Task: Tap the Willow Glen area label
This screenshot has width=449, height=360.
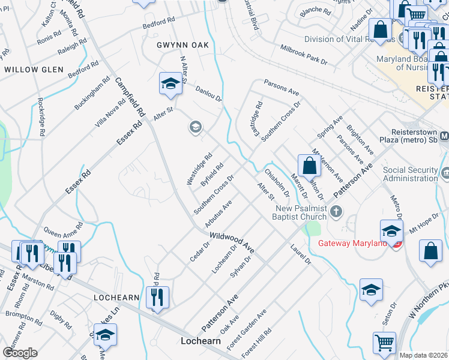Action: point(34,70)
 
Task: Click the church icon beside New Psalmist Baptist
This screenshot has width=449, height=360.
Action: point(336,211)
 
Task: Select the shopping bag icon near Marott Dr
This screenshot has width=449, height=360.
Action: point(309,165)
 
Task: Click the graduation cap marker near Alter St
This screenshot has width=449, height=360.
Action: point(170,84)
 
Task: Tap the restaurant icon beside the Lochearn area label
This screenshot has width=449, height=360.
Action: point(157,296)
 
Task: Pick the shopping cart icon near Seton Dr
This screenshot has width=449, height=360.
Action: point(384,343)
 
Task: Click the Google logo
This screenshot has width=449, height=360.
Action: point(20,352)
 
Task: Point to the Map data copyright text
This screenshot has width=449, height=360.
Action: point(424,355)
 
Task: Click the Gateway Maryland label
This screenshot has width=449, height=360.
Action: point(352,242)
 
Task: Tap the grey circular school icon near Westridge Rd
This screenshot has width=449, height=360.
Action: point(194,127)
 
